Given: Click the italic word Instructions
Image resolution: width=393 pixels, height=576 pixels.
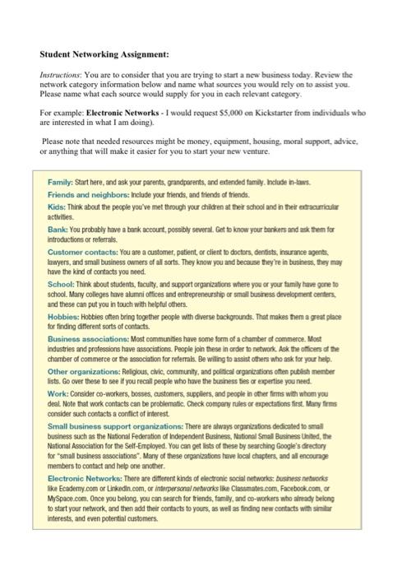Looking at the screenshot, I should [x=62, y=74].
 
